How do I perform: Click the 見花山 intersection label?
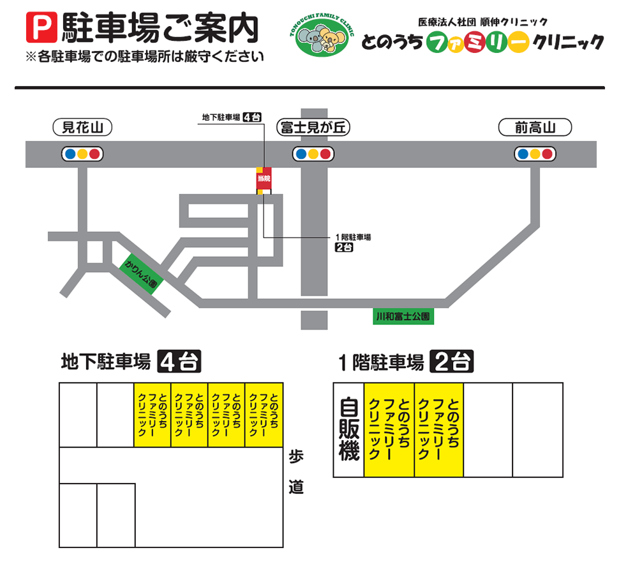coord(82,128)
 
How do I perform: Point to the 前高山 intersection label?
coord(535,128)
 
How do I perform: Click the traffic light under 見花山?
coord(82,154)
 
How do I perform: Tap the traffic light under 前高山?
coord(535,154)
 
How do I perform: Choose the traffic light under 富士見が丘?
coord(313,154)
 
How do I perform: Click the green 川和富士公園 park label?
coord(403,316)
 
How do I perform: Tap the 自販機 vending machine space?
coord(348,430)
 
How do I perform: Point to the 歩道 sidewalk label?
coord(295,472)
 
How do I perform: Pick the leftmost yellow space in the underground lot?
coord(152,415)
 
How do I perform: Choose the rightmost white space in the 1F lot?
coord(537,430)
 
